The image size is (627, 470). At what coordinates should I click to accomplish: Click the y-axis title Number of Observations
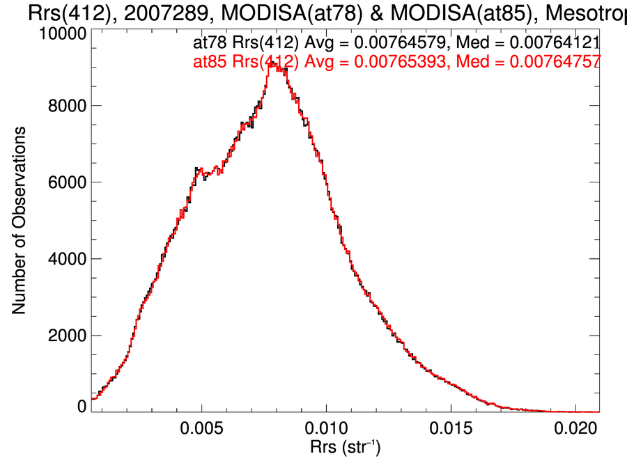click(20, 220)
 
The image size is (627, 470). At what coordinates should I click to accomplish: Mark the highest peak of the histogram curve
click(272, 64)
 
